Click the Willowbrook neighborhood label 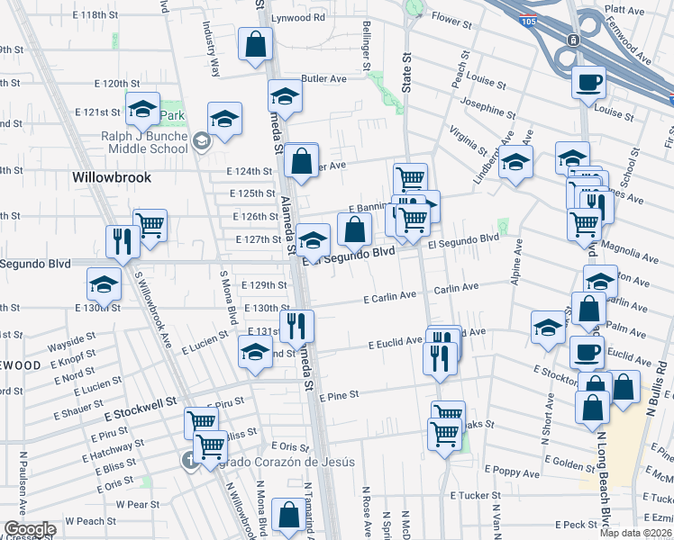pyautogui.click(x=112, y=178)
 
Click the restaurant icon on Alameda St pyautogui.click(x=296, y=326)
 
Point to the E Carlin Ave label pyautogui.click(x=390, y=296)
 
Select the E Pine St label pyautogui.click(x=338, y=395)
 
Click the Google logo pyautogui.click(x=30, y=529)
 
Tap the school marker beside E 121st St pyautogui.click(x=142, y=109)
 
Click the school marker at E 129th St pyautogui.click(x=105, y=284)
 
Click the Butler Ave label pyautogui.click(x=324, y=79)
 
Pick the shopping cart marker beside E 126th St pyautogui.click(x=150, y=225)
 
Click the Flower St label pyautogui.click(x=452, y=17)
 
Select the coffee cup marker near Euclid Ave pyautogui.click(x=587, y=352)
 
